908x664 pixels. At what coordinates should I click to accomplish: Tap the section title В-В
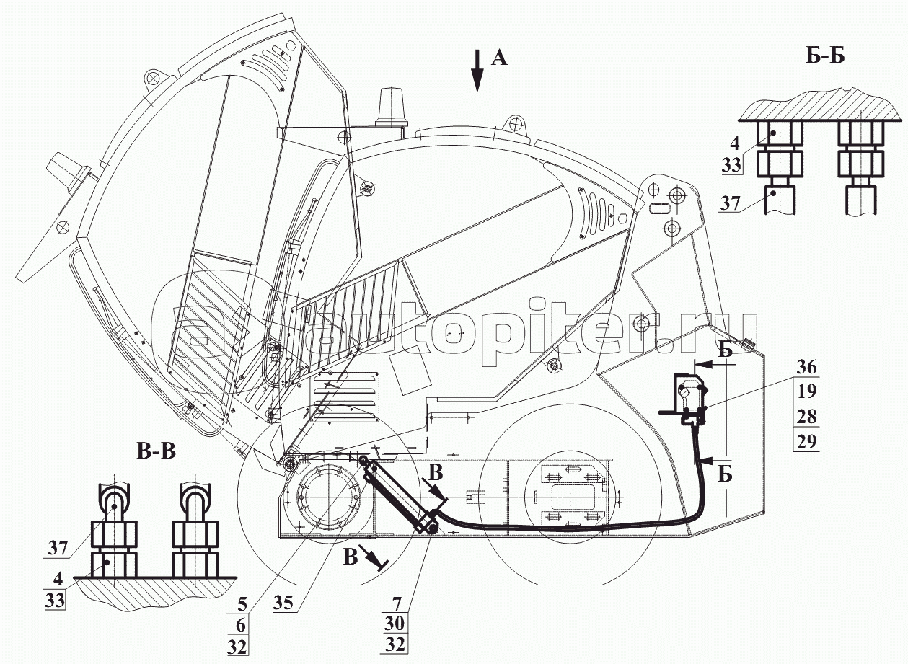tap(156, 453)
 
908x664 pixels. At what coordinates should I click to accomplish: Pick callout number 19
tap(807, 392)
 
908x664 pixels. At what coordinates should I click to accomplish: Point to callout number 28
tap(807, 417)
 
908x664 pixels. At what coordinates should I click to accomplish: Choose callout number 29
tap(807, 441)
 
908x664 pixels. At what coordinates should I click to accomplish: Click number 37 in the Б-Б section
tap(730, 204)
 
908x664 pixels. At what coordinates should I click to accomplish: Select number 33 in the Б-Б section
tap(731, 164)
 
